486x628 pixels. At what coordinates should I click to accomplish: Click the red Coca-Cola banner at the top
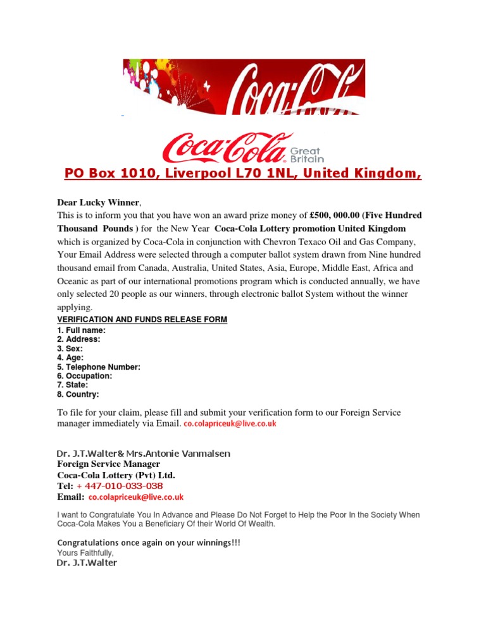244,87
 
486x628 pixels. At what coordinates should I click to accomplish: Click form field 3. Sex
70,349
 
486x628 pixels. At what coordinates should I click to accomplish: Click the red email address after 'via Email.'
230,426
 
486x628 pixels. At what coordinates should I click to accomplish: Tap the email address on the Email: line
135,498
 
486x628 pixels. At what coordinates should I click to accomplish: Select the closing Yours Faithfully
85,553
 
